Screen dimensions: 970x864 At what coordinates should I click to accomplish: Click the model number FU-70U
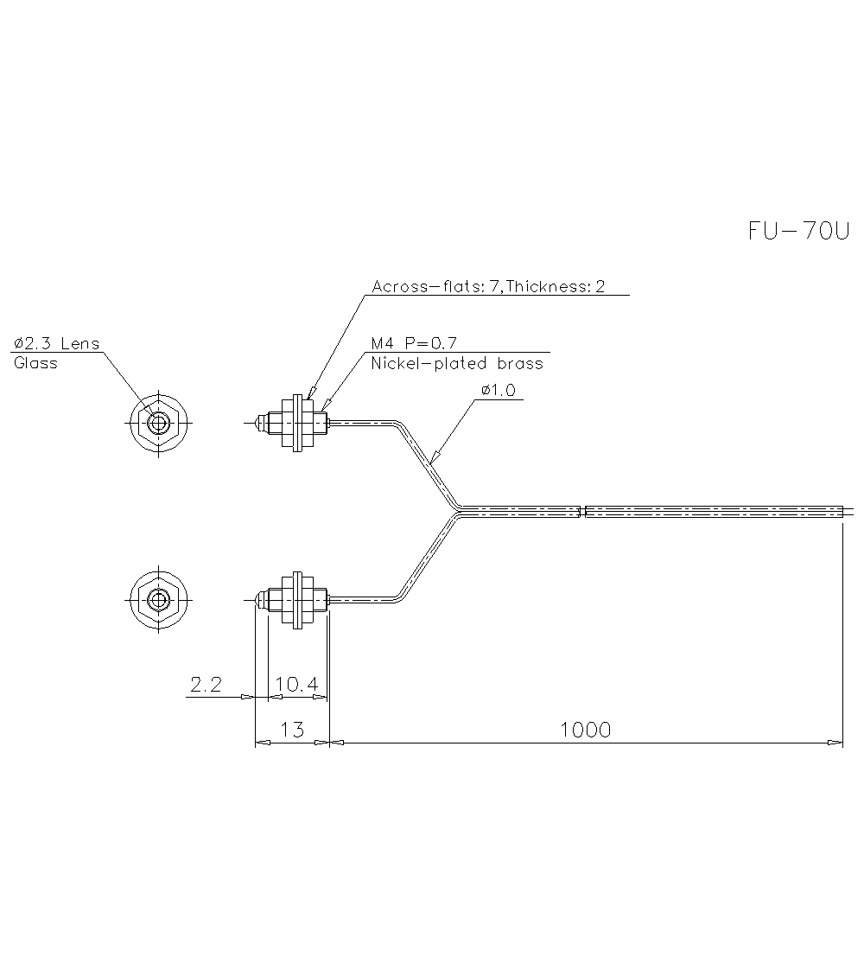coord(798,231)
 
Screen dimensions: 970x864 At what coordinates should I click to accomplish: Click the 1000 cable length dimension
coord(585,730)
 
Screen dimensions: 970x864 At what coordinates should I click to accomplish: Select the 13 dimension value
coord(293,730)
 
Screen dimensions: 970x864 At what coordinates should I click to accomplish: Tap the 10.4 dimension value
coord(296,685)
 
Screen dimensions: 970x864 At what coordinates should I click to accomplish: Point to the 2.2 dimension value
coord(206,685)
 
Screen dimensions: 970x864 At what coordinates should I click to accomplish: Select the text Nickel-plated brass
coord(457,364)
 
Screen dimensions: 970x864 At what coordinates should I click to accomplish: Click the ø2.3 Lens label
coord(57,343)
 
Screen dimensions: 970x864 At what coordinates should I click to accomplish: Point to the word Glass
coord(35,363)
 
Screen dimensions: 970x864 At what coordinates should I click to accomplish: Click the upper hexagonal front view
coord(158,424)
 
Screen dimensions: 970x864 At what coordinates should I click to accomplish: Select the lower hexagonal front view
coord(158,599)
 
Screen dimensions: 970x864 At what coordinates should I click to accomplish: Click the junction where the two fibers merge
coord(458,511)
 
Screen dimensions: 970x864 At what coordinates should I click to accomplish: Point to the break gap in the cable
coord(581,511)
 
